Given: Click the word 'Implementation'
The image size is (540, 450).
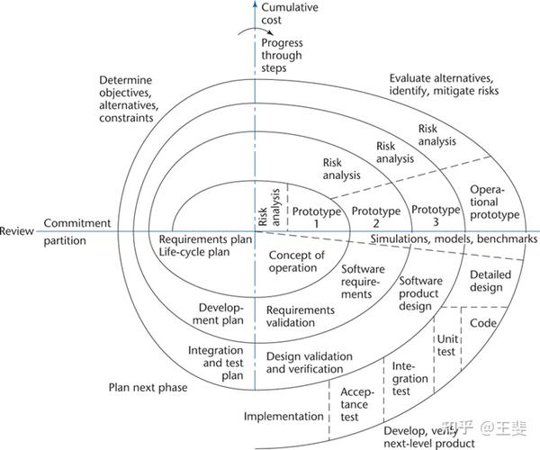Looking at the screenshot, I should point(283,417).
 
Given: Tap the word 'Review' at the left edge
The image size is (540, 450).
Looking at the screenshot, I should point(16,230).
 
